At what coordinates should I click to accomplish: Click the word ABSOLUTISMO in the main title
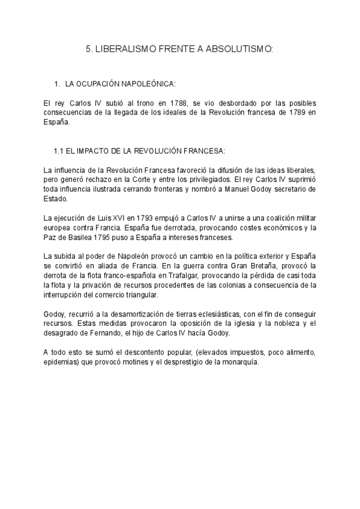[x=239, y=50]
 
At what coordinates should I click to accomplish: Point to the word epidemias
[x=62, y=362]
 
